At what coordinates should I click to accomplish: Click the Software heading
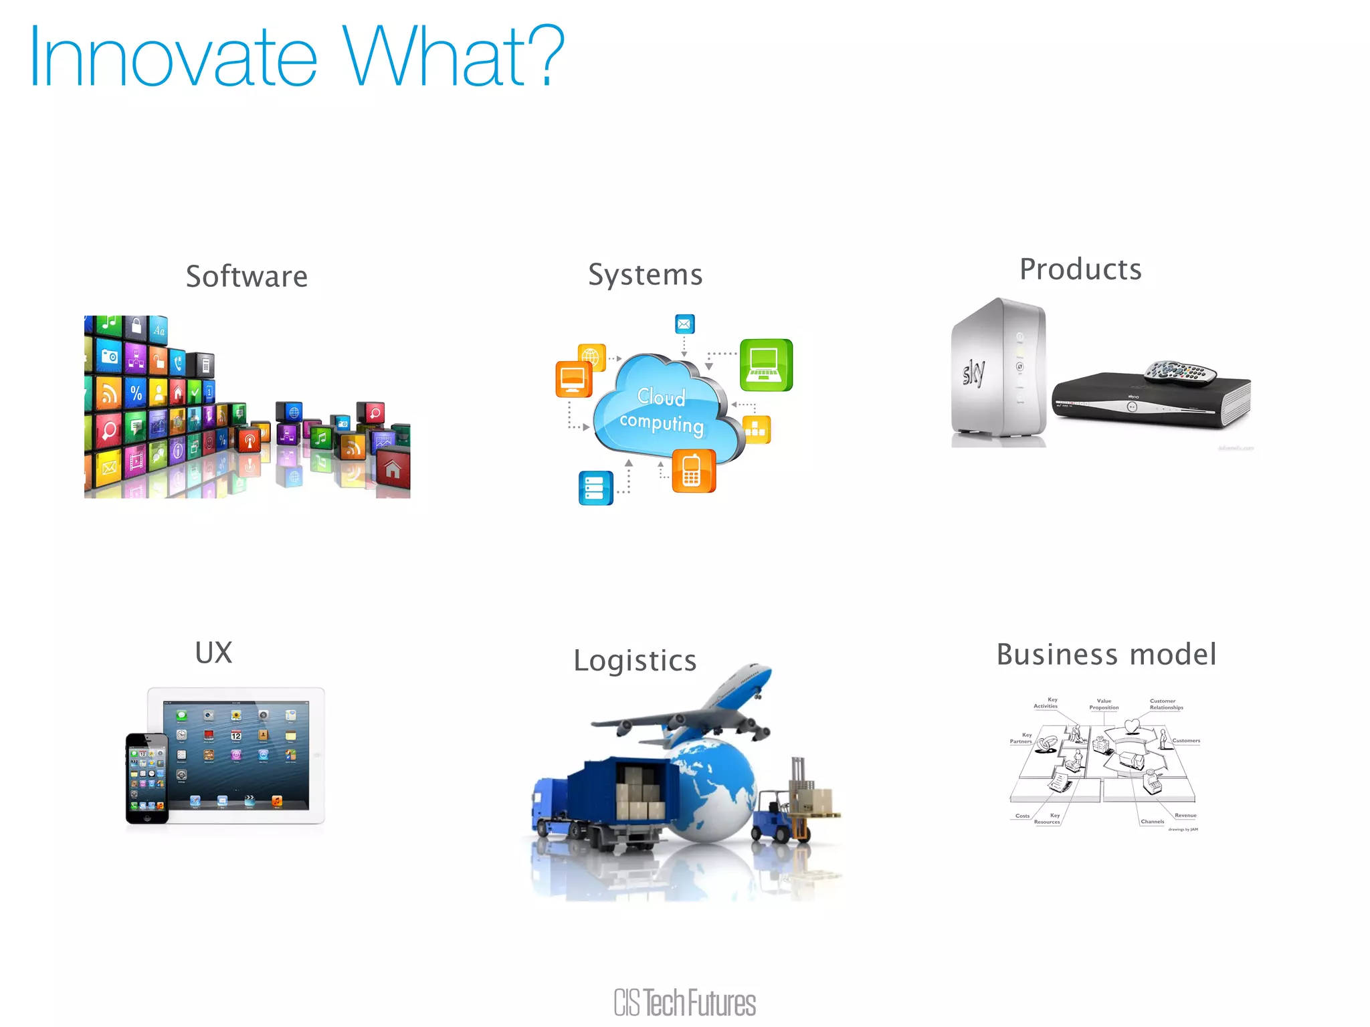(x=247, y=277)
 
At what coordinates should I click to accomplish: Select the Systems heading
(x=646, y=275)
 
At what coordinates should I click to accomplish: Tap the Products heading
(x=1080, y=269)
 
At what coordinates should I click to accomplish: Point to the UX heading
(x=214, y=653)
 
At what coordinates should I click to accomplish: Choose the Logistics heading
(x=635, y=661)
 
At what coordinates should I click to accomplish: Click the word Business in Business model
(x=1056, y=655)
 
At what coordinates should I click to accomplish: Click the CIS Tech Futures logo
(x=685, y=1002)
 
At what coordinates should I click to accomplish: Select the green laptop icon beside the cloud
(x=766, y=365)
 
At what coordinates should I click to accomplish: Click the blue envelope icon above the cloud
(x=684, y=324)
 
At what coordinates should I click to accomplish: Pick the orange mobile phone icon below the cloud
(x=693, y=471)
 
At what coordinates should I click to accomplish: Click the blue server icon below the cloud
(x=595, y=487)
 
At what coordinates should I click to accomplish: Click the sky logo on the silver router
(x=973, y=373)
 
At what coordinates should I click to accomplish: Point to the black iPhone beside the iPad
(x=147, y=778)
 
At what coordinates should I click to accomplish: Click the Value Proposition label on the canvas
(x=1104, y=704)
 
